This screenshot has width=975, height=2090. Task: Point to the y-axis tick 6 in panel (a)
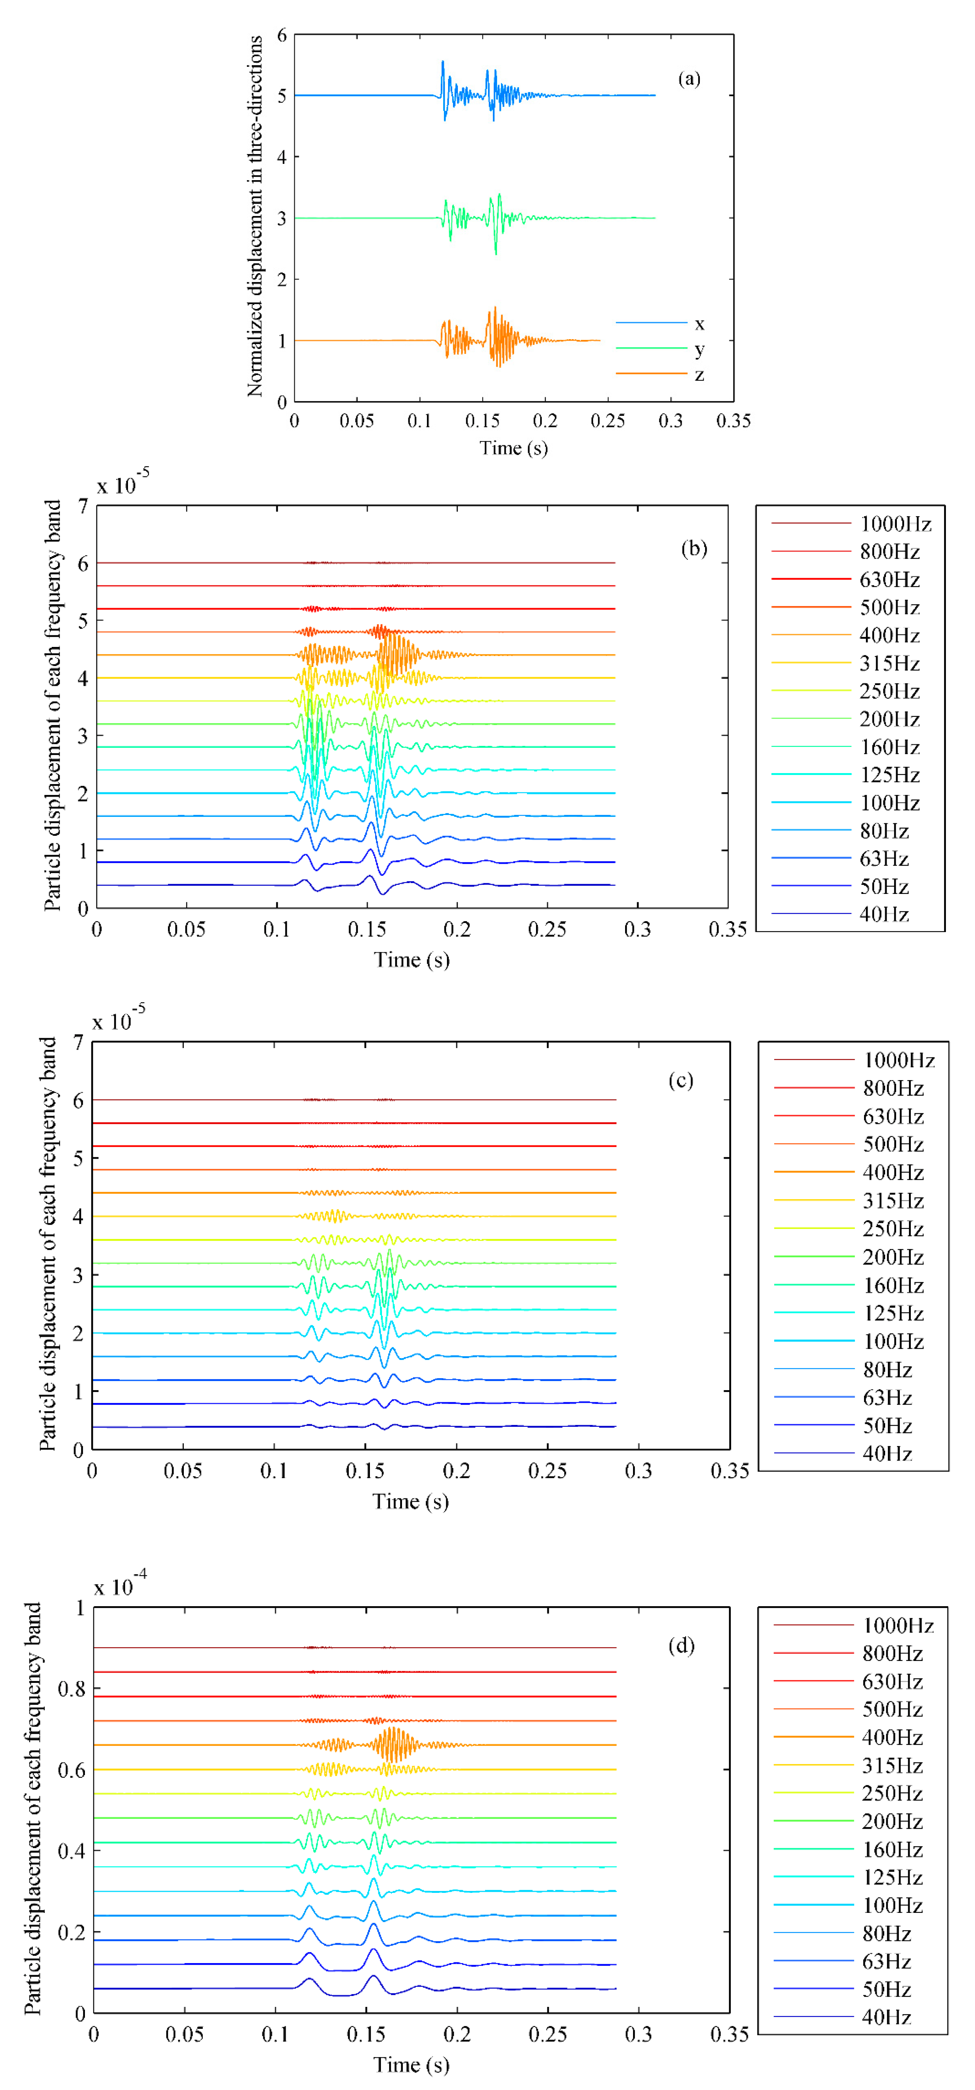coord(282,35)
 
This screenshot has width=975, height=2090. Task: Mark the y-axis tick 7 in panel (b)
coord(83,506)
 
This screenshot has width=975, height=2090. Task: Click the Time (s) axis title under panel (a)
coord(513,448)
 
